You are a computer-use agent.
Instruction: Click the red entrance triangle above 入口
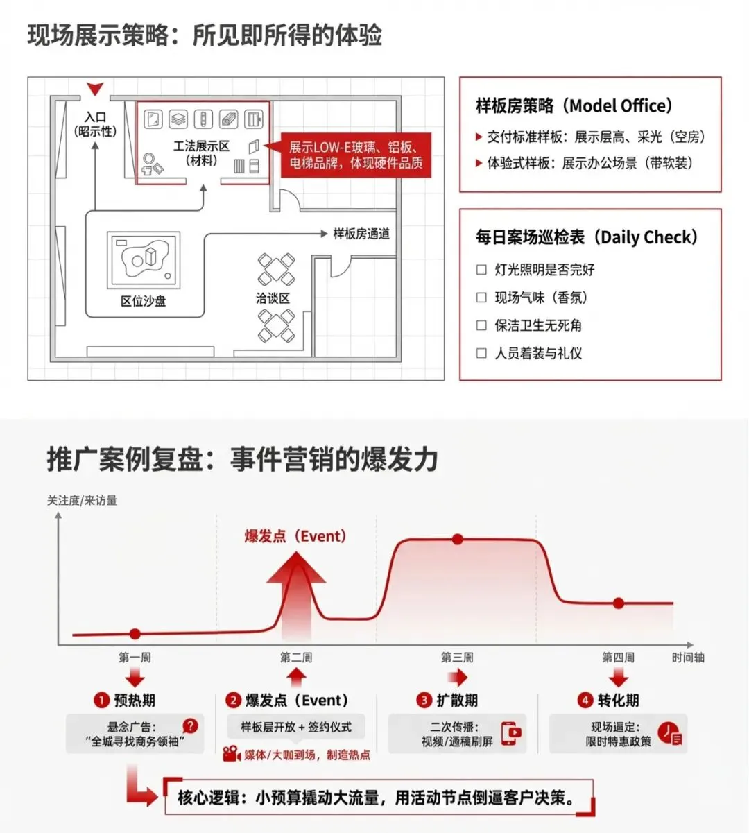coord(96,89)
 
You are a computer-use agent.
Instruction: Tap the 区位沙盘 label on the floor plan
coord(144,301)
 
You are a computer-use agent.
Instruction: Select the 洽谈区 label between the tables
coord(273,298)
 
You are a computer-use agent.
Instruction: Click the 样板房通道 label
coord(361,234)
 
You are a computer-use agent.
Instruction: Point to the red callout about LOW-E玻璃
coord(356,155)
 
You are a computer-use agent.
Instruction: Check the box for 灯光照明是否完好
coord(482,270)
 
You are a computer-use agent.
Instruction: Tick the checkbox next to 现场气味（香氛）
coord(482,298)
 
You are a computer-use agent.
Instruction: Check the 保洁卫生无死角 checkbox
coord(482,325)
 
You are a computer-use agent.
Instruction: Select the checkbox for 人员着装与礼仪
coord(482,353)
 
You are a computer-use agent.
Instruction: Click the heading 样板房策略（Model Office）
coord(574,106)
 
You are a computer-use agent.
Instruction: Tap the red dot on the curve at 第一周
coord(135,633)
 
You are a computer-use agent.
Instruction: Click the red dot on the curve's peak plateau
coord(457,539)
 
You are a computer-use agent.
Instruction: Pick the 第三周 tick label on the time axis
coord(457,657)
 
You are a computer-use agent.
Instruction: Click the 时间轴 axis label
coord(688,657)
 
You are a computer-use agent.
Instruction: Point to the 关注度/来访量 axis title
coord(82,500)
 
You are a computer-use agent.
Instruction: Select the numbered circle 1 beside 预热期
coord(101,700)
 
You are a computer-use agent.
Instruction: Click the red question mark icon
coord(190,726)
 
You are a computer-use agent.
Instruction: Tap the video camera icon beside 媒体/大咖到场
coord(232,753)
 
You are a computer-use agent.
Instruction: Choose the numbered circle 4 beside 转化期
coord(585,700)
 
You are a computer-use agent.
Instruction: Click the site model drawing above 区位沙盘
coord(144,260)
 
